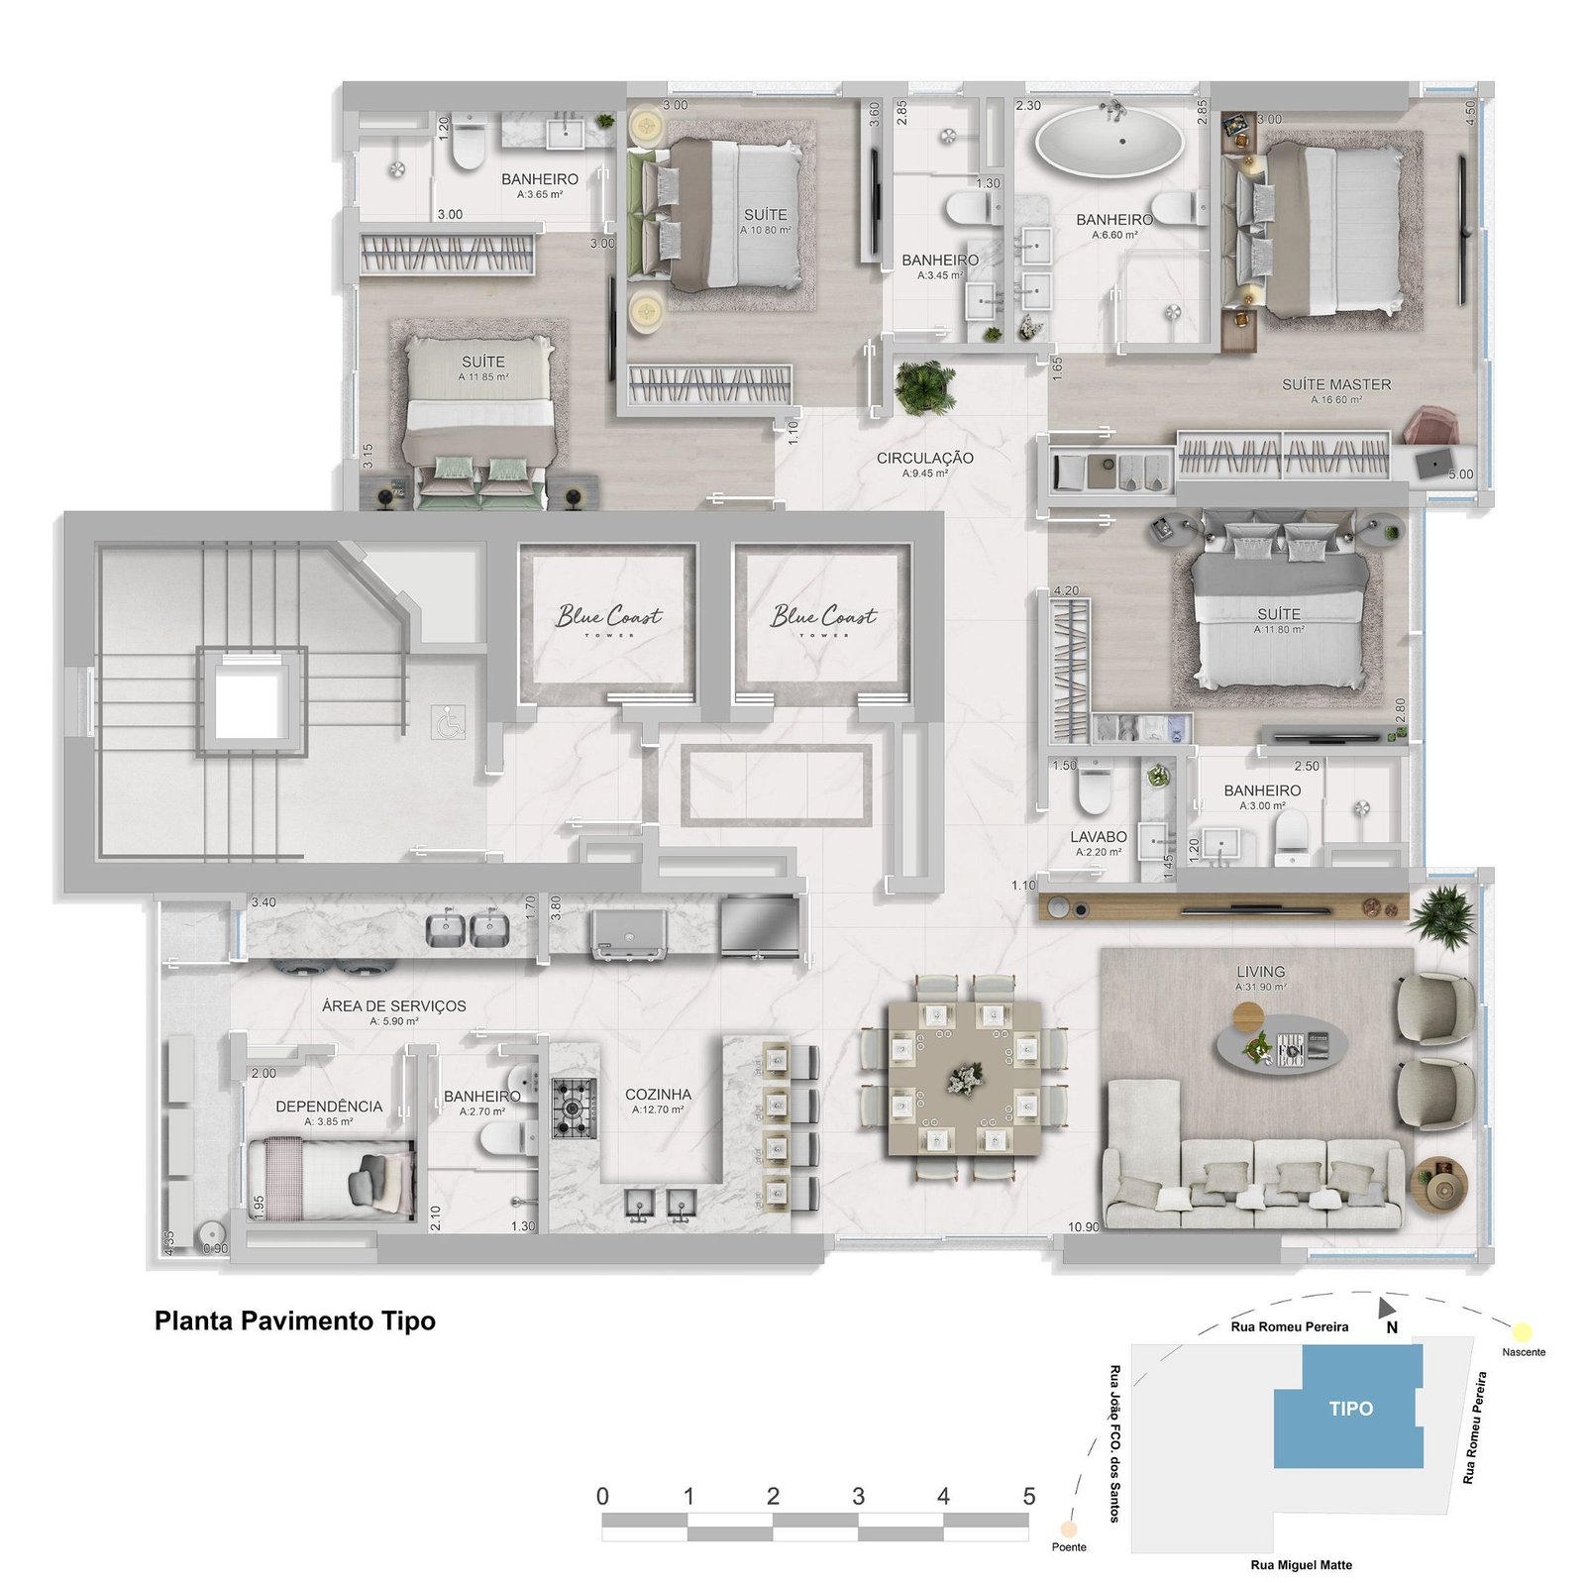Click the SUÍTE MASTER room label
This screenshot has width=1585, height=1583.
pyautogui.click(x=1335, y=384)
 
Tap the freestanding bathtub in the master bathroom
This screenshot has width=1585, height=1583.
pyautogui.click(x=1109, y=142)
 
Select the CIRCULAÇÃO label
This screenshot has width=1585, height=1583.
pyautogui.click(x=924, y=458)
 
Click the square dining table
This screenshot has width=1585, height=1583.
pyautogui.click(x=964, y=1078)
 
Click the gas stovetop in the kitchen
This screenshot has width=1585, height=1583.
pyautogui.click(x=575, y=1108)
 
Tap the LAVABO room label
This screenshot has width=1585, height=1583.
pyautogui.click(x=1098, y=837)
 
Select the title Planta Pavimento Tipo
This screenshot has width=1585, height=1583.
pyautogui.click(x=295, y=1320)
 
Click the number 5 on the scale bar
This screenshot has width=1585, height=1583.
pyautogui.click(x=1028, y=1496)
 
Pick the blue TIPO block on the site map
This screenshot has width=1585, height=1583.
pyautogui.click(x=1349, y=1408)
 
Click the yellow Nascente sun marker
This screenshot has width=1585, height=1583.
pyautogui.click(x=1522, y=1331)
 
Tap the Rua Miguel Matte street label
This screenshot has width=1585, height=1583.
pyautogui.click(x=1301, y=1565)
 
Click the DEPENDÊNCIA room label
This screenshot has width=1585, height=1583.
pyautogui.click(x=329, y=1107)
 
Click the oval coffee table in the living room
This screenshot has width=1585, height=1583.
pyautogui.click(x=1283, y=1044)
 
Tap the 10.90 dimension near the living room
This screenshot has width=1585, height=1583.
pyautogui.click(x=1083, y=1226)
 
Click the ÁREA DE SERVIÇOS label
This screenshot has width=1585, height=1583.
pyautogui.click(x=394, y=1005)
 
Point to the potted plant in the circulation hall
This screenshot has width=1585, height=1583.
pyautogui.click(x=924, y=387)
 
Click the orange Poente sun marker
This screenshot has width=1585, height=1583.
pyautogui.click(x=1068, y=1530)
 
